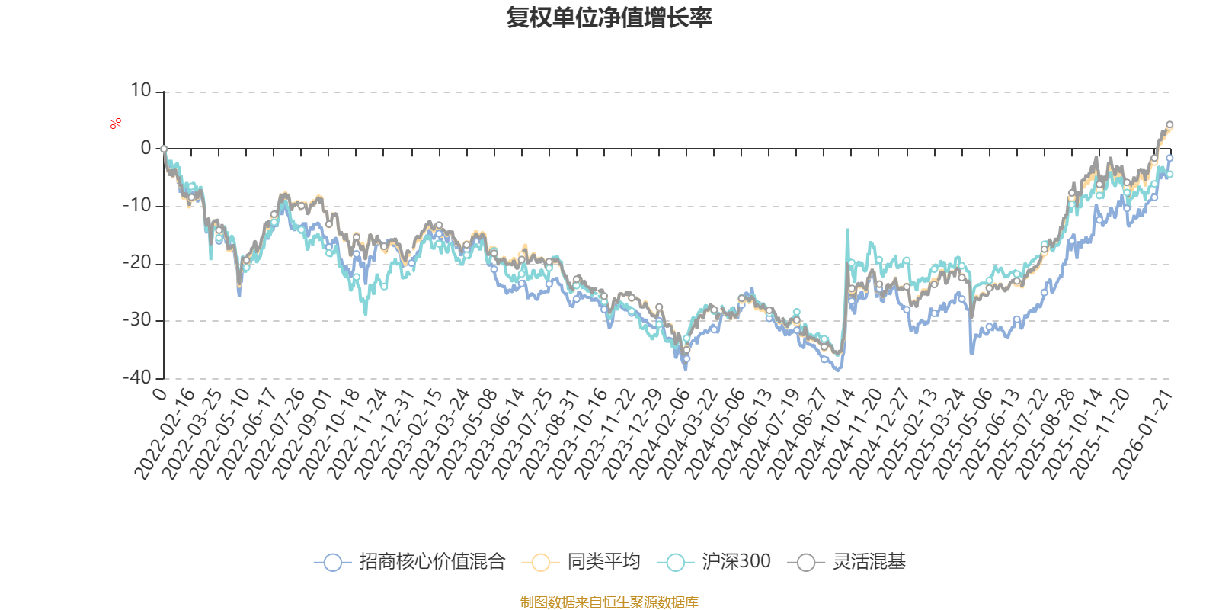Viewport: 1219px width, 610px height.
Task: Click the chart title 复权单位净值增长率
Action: tap(609, 18)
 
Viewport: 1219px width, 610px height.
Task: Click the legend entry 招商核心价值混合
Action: tap(432, 562)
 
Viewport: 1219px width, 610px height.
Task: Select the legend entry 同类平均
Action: tap(603, 562)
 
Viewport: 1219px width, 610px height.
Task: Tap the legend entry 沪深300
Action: tap(736, 562)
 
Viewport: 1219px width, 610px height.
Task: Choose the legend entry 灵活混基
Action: tap(869, 562)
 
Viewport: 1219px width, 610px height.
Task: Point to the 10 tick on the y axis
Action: tap(141, 91)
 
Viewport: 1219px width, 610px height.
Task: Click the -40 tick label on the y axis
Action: tap(137, 377)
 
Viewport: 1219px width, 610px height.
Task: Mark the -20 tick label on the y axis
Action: tap(137, 263)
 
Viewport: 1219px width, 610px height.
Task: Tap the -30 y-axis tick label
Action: tap(137, 320)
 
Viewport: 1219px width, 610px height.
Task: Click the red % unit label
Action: tap(116, 124)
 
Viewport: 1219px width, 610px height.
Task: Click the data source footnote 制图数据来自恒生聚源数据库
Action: tap(609, 602)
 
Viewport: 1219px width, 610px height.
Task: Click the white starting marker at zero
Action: tap(164, 149)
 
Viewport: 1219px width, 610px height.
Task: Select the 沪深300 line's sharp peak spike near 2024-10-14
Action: tap(847, 230)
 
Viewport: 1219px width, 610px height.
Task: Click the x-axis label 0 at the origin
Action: tap(159, 393)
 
